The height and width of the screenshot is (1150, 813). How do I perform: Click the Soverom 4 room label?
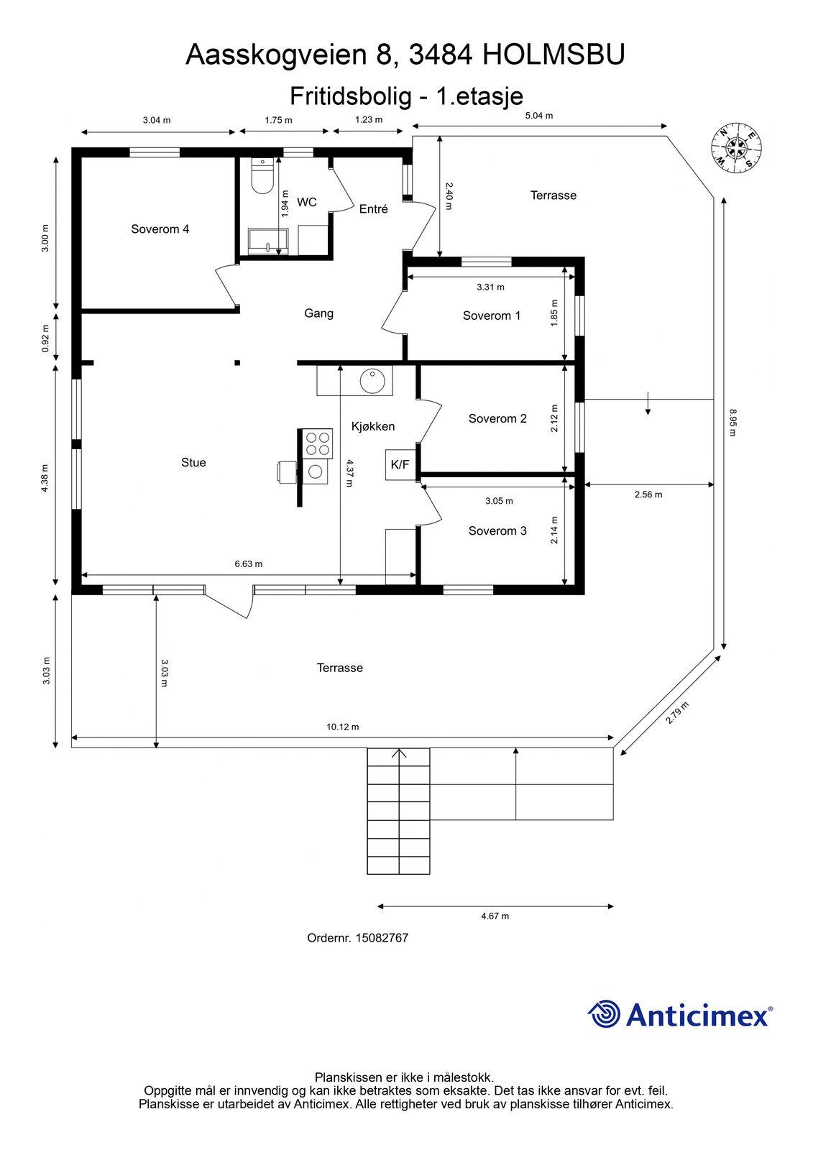[160, 229]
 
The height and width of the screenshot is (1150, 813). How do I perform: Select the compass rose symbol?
[736, 149]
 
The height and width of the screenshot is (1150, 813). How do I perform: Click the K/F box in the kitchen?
[400, 464]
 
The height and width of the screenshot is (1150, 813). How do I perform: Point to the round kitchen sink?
[372, 381]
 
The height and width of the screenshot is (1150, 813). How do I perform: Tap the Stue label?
[193, 463]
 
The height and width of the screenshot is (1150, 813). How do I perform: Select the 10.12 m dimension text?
[343, 727]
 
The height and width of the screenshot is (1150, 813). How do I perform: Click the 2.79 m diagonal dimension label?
[677, 712]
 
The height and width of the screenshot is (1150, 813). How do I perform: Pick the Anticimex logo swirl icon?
[603, 1013]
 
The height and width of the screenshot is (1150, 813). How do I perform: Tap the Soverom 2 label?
[497, 418]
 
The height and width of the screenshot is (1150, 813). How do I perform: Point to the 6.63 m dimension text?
[249, 563]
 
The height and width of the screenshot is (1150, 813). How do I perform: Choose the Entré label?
[373, 209]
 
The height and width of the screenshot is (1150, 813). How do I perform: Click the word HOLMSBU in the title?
[554, 55]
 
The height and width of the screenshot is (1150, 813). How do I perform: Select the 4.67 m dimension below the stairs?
[495, 916]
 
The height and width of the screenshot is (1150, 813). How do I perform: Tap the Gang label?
[318, 313]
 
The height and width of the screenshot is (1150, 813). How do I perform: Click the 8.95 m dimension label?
[732, 423]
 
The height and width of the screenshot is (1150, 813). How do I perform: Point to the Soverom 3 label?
[497, 531]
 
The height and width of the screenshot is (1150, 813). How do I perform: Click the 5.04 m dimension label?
[538, 116]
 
